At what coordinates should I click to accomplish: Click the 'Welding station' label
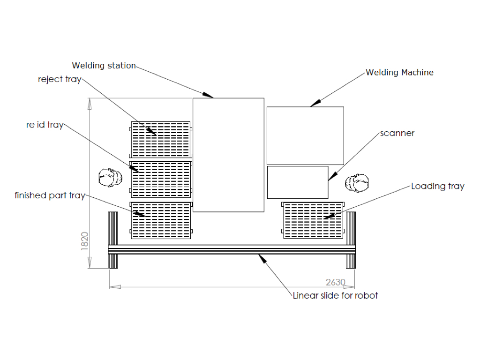click(104, 66)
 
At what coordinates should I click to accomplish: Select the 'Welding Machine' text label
click(399, 73)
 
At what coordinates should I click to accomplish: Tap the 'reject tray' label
click(60, 79)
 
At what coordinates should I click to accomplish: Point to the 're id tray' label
click(45, 125)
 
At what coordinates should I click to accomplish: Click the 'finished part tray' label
click(50, 195)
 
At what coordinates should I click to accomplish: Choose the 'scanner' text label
click(397, 133)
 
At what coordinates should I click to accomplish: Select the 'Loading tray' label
click(437, 186)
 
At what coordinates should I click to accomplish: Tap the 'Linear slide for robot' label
click(335, 295)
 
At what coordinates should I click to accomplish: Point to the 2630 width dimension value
click(335, 282)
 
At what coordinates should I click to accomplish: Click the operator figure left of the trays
click(110, 178)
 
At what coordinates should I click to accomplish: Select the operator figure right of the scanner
click(357, 183)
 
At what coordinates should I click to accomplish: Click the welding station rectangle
click(228, 155)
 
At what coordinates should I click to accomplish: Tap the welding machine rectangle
click(305, 135)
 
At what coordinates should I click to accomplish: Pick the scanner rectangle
click(297, 182)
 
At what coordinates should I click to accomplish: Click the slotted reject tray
click(161, 140)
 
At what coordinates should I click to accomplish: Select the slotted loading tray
click(313, 220)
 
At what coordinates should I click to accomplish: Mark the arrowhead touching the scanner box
click(331, 177)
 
